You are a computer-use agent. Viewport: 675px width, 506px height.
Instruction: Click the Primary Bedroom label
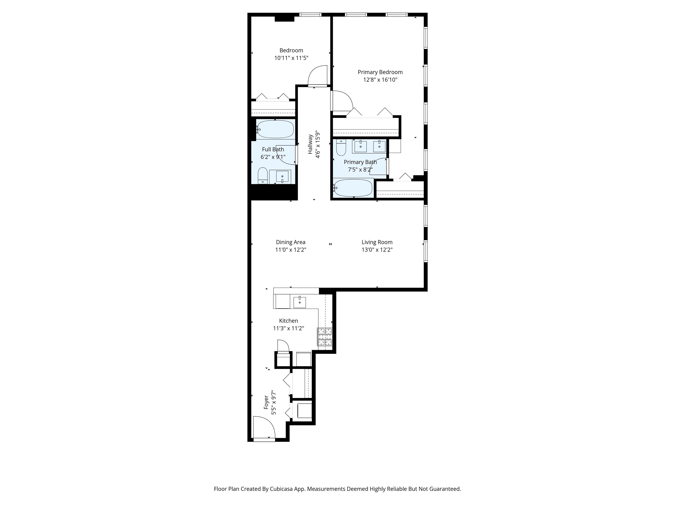click(380, 72)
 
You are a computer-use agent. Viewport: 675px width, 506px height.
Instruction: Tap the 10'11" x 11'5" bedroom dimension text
click(291, 58)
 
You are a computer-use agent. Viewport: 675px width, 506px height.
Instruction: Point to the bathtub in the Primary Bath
click(353, 188)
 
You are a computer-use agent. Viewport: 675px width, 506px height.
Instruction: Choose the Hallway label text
click(310, 144)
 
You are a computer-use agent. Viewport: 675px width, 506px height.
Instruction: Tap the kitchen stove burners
click(325, 337)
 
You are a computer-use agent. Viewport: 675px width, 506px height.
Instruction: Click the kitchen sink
click(300, 302)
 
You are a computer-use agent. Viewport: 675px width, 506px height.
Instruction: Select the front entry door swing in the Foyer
click(264, 428)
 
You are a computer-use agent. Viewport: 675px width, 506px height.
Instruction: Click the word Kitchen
click(288, 321)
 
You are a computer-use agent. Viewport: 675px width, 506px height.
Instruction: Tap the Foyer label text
click(266, 403)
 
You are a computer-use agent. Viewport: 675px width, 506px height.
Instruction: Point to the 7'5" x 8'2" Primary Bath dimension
click(360, 170)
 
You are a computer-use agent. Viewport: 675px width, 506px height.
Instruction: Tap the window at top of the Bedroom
click(310, 14)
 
